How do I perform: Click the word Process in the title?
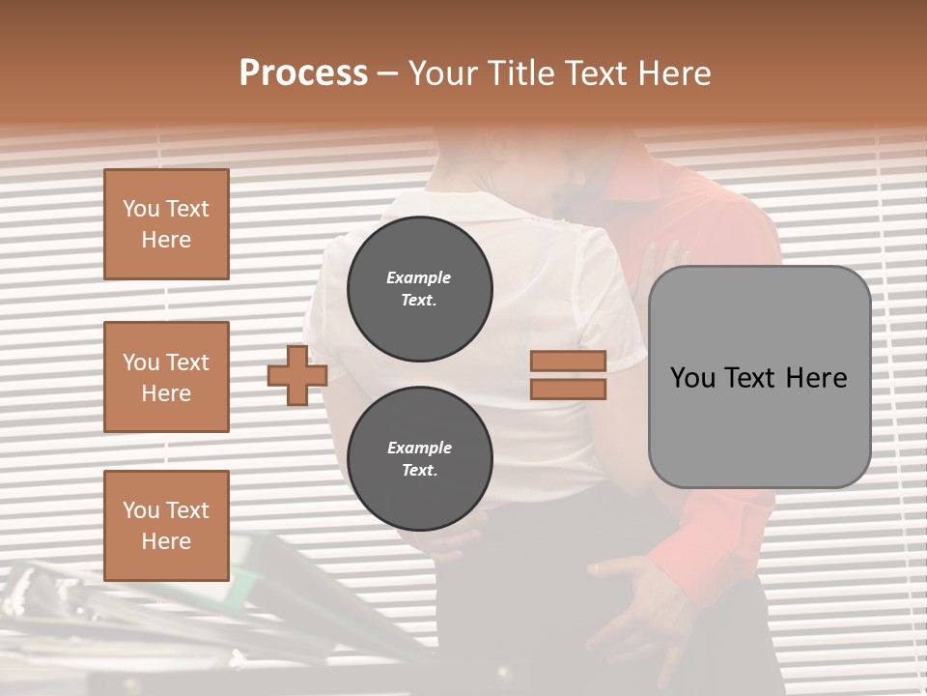pyautogui.click(x=303, y=72)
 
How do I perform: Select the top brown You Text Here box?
pyautogui.click(x=166, y=224)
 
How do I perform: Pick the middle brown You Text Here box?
pyautogui.click(x=166, y=377)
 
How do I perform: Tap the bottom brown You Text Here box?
pyautogui.click(x=166, y=525)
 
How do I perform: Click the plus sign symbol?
pyautogui.click(x=297, y=375)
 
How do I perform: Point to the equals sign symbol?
pyautogui.click(x=568, y=375)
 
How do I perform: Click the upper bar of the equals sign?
pyautogui.click(x=568, y=362)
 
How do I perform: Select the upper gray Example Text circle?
pyautogui.click(x=419, y=289)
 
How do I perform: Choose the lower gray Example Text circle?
pyautogui.click(x=419, y=459)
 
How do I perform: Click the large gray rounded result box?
pyautogui.click(x=759, y=377)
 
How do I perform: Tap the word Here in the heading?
pyautogui.click(x=676, y=72)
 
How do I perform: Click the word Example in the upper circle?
pyautogui.click(x=419, y=277)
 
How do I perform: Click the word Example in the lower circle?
pyautogui.click(x=419, y=448)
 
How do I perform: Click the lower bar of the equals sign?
pyautogui.click(x=568, y=390)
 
